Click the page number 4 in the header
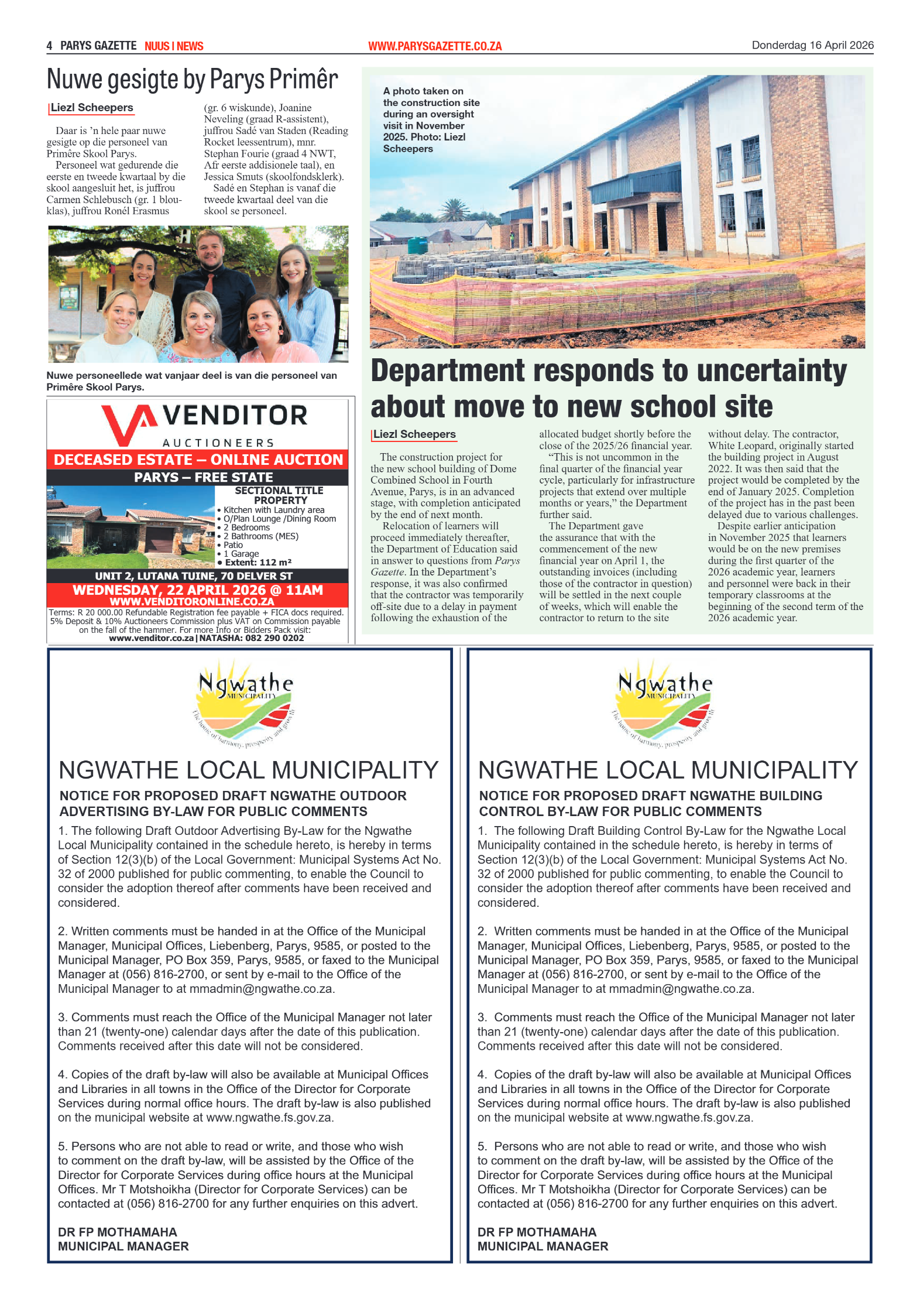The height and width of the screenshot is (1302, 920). [x=50, y=46]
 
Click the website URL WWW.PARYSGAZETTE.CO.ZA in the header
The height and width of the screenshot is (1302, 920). [x=434, y=46]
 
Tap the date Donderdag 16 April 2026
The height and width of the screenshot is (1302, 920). [x=812, y=45]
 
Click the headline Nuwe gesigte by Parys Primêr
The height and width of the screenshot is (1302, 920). [x=192, y=79]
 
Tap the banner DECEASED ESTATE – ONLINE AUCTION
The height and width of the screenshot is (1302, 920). [x=198, y=460]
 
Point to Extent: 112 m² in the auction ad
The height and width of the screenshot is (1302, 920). [x=258, y=562]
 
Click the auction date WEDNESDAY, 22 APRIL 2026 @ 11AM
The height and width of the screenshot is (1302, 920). [x=198, y=590]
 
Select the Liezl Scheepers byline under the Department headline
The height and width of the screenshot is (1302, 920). [x=414, y=434]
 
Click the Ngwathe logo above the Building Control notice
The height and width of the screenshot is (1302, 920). [x=665, y=703]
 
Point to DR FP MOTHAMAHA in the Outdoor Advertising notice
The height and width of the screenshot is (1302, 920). [x=117, y=1232]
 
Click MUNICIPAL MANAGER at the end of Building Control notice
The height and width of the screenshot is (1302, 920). [x=543, y=1246]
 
